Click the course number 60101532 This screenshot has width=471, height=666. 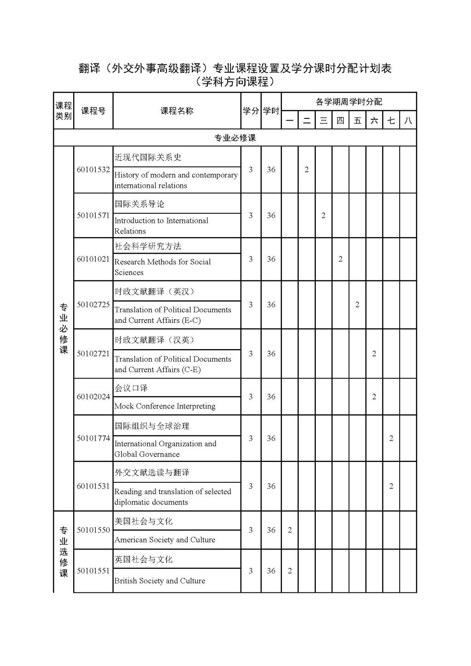[93, 169]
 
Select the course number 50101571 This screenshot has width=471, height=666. [93, 216]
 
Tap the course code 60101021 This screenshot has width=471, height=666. [93, 259]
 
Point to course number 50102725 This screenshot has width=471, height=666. [93, 304]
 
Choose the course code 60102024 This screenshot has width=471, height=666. [93, 397]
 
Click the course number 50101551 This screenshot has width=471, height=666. [93, 571]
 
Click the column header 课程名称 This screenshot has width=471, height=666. [177, 111]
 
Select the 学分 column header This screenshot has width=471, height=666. [251, 111]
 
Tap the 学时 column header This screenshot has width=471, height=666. [271, 111]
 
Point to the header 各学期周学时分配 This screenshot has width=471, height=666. [349, 102]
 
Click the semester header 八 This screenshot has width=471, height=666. [408, 121]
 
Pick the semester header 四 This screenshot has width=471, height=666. [340, 121]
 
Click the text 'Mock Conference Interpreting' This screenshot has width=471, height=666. [165, 406]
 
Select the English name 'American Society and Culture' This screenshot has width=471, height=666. [165, 540]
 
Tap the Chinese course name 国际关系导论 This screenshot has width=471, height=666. [139, 204]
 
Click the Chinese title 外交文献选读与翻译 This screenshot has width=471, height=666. [152, 473]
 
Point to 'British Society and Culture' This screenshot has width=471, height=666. [160, 581]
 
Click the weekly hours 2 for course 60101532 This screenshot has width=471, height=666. [307, 169]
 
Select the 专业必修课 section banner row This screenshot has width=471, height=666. [235, 138]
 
